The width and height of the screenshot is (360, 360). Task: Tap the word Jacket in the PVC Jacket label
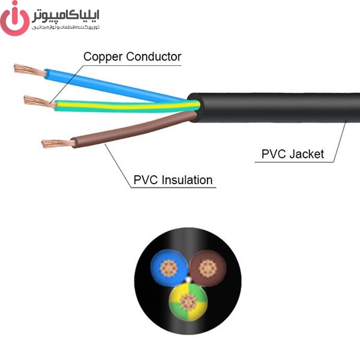point(307,154)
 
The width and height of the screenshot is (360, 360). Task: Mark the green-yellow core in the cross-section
point(188,302)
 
